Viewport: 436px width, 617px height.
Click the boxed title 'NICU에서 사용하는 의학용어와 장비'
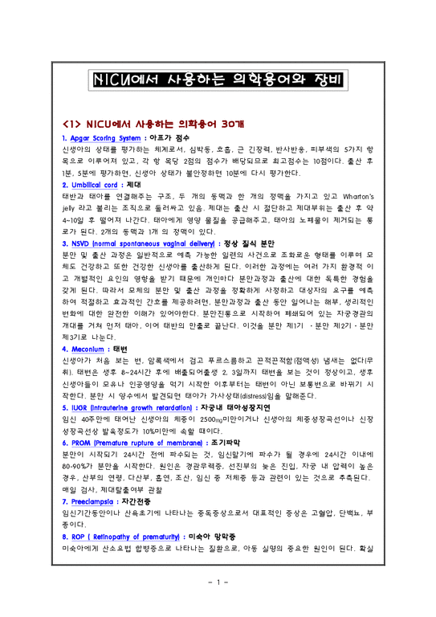point(217,81)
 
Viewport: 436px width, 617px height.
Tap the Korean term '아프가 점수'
point(177,139)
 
